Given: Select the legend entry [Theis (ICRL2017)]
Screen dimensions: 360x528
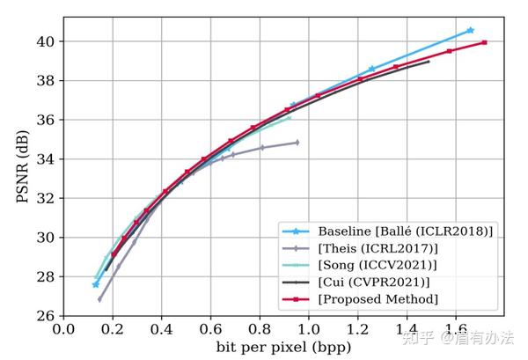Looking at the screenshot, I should point(370,248).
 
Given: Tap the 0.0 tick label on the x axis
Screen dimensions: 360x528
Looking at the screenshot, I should point(63,329).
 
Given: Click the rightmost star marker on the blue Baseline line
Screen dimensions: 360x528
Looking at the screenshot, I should point(470,30).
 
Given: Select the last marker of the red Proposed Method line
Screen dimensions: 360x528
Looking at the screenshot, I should point(485,42).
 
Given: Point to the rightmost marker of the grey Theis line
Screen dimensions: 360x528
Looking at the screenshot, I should point(297,142).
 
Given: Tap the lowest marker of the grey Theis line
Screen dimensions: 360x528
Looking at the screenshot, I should point(99,299).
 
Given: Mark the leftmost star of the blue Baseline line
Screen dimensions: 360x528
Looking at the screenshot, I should point(96,284).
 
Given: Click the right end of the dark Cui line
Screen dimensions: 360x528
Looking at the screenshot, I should point(429,62).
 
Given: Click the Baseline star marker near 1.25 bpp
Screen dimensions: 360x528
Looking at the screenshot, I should point(371,69).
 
